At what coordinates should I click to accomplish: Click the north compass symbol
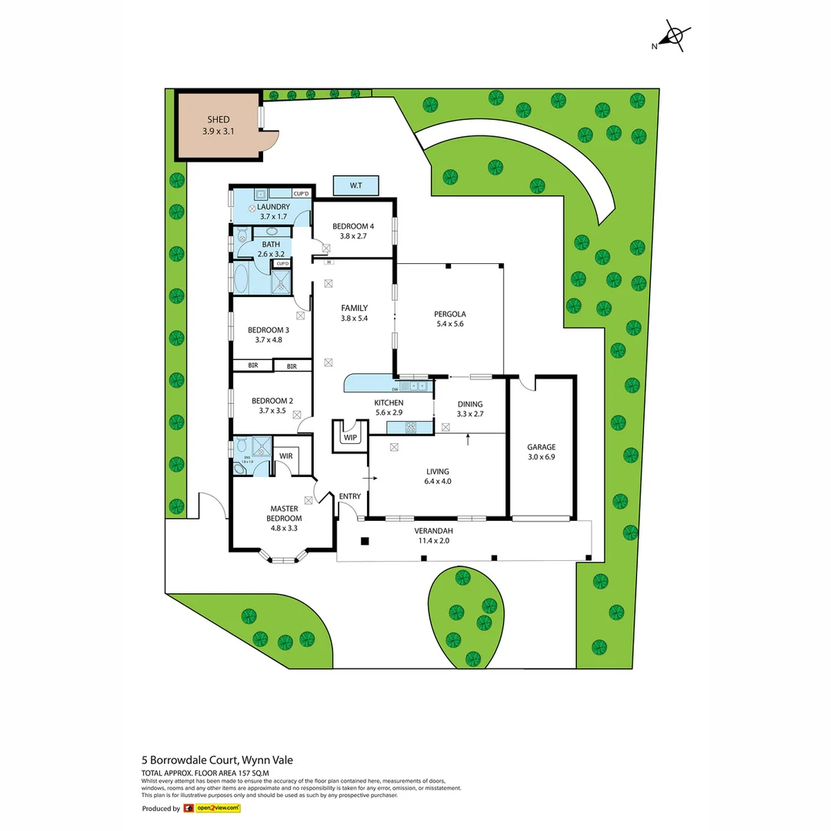click(674, 36)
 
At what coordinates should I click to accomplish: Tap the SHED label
click(219, 120)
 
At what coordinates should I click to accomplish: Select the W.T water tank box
click(355, 185)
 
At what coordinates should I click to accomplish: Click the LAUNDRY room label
click(273, 206)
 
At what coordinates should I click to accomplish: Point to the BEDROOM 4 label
click(352, 226)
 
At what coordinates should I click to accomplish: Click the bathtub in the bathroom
click(242, 279)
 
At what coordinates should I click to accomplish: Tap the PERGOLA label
click(450, 313)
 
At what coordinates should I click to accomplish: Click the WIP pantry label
click(351, 437)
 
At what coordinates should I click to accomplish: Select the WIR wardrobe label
click(286, 456)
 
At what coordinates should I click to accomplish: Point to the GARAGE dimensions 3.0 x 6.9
click(541, 457)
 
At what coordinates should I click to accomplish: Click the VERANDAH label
click(433, 531)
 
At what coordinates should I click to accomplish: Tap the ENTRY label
click(349, 496)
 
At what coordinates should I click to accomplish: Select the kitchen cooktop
click(411, 427)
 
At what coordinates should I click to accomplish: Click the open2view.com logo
click(212, 808)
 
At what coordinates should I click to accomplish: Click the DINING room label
click(470, 403)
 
